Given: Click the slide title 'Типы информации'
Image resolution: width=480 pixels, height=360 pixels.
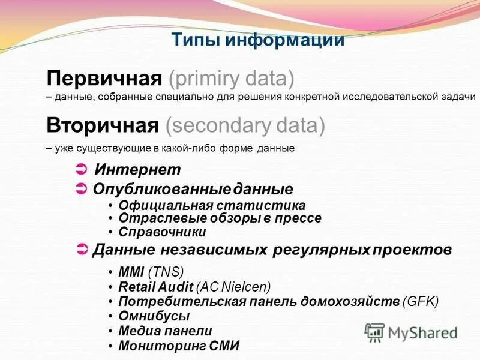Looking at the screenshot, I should (258, 40).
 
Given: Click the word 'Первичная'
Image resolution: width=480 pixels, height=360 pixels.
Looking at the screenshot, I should (105, 78).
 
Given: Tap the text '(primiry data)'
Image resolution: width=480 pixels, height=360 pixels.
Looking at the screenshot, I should (232, 78).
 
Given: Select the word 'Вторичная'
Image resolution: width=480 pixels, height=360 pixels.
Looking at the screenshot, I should (103, 125).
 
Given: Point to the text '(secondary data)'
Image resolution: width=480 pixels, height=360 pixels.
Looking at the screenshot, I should (245, 125).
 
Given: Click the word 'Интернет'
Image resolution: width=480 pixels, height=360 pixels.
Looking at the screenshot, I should (137, 170).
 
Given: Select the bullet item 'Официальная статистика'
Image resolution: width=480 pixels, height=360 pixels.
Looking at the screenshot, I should (212, 205).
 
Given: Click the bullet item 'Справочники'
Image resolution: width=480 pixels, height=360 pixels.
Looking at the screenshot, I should (162, 232).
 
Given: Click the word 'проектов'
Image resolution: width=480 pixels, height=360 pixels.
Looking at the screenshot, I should (412, 250).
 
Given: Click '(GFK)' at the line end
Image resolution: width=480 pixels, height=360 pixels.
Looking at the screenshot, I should (421, 301).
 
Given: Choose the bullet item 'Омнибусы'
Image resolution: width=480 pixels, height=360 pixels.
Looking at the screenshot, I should (154, 316).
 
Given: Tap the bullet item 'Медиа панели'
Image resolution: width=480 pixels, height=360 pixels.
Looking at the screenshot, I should (165, 331).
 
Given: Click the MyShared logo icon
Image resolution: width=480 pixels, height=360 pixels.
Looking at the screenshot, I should (374, 332).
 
